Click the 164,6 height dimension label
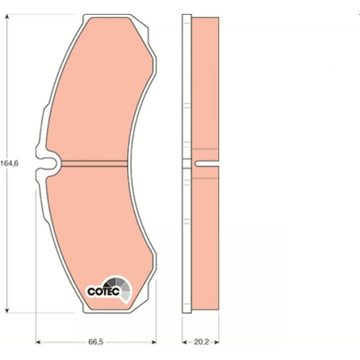[9, 163]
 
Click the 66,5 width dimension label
[96, 342]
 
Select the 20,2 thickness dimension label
[202, 342]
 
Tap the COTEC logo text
[103, 292]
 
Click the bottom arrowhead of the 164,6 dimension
[7, 310]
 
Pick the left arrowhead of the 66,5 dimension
[38, 342]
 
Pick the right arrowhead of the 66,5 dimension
[154, 342]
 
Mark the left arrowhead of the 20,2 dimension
[184, 342]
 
